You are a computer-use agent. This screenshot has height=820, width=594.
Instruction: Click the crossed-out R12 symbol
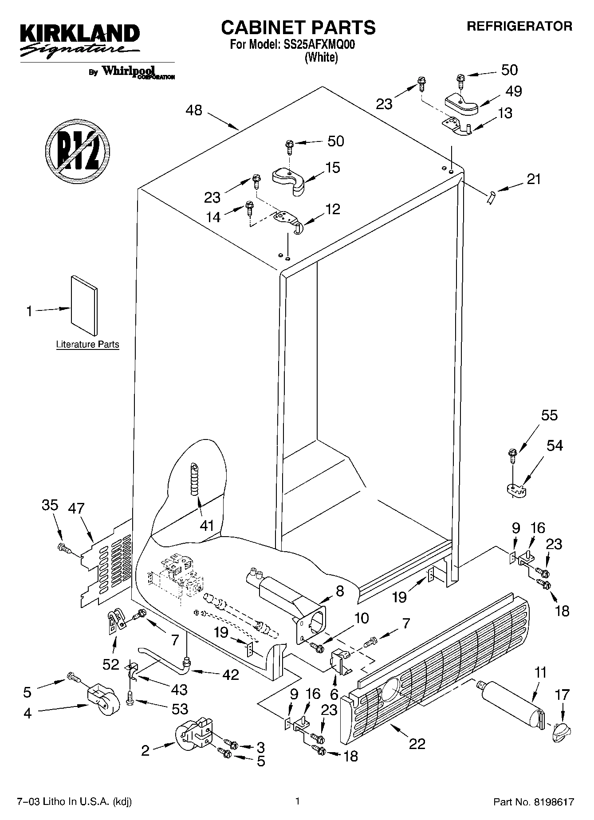(77, 150)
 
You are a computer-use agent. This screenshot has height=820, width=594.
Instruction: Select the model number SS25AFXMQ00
(316, 45)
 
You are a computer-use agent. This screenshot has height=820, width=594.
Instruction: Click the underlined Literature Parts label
(87, 345)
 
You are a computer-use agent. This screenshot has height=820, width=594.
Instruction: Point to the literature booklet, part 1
(84, 306)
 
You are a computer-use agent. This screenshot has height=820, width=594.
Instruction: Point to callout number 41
(207, 526)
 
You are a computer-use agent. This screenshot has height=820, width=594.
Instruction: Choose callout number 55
(549, 416)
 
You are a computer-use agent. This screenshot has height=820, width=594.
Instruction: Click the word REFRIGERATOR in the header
(519, 26)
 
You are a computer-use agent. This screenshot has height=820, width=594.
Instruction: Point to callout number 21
(534, 179)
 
